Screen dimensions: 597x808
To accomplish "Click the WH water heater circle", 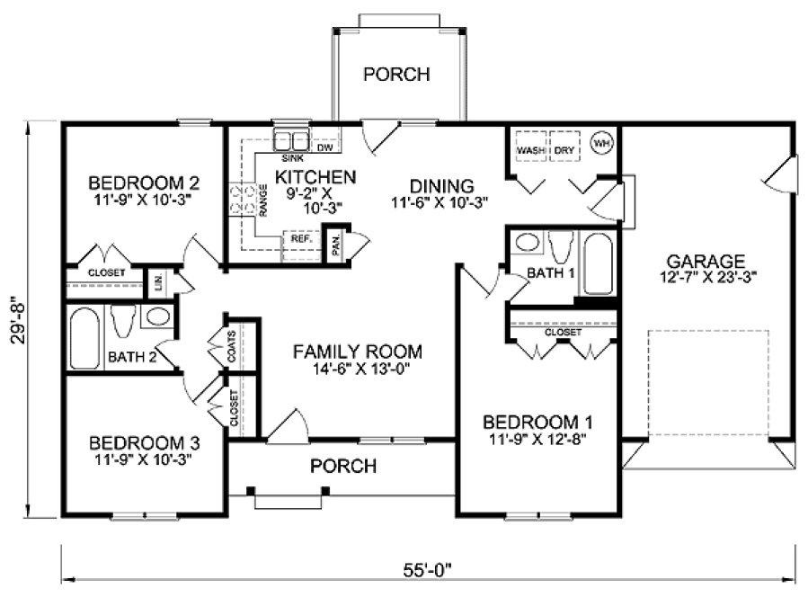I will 601,143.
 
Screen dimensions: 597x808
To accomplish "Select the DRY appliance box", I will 564,148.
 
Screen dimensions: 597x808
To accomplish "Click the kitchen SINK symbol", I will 291,139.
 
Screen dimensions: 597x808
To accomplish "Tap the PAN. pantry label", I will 335,243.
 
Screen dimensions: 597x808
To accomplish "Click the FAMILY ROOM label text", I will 358,352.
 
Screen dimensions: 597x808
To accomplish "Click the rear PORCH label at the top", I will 396,74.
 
